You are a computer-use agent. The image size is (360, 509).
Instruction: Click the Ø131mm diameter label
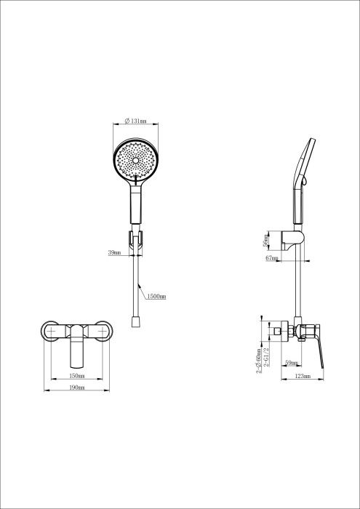pos(135,121)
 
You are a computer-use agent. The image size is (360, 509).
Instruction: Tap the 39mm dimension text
pos(113,252)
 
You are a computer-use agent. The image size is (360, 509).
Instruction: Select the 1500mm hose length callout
pos(156,297)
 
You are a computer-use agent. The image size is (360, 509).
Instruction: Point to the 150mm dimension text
pos(76,376)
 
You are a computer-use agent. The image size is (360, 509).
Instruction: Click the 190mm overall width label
pos(76,388)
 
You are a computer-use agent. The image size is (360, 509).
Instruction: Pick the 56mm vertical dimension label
pos(267,240)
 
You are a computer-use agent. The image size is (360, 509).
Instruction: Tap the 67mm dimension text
pos(272,258)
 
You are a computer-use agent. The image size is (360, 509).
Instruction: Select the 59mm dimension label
pos(290,362)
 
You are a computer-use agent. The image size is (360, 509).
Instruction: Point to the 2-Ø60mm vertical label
pos(260,359)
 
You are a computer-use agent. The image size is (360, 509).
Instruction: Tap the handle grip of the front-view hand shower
pos(135,207)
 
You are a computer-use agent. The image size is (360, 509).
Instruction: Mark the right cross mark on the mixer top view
pos(103,332)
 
